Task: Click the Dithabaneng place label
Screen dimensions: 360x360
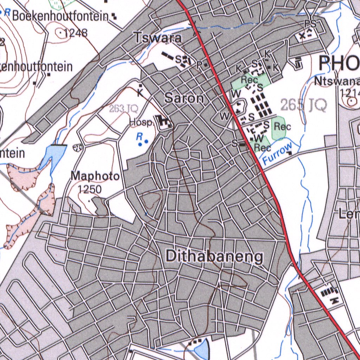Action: click(x=214, y=257)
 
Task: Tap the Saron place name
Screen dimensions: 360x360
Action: click(x=184, y=98)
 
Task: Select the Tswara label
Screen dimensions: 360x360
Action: click(x=158, y=38)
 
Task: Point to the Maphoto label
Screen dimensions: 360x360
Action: click(x=95, y=176)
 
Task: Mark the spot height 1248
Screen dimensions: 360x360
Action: click(x=76, y=33)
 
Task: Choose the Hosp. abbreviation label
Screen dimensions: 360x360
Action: click(x=141, y=123)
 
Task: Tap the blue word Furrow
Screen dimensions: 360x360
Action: click(x=277, y=154)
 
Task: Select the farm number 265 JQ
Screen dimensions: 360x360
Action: click(x=303, y=104)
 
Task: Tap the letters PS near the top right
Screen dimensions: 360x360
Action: click(x=310, y=24)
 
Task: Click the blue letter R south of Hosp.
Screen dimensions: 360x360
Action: click(x=140, y=135)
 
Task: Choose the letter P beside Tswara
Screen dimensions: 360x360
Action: click(x=199, y=65)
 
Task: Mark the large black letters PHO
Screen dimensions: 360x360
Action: click(x=339, y=64)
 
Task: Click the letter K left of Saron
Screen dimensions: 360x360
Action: click(x=140, y=93)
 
